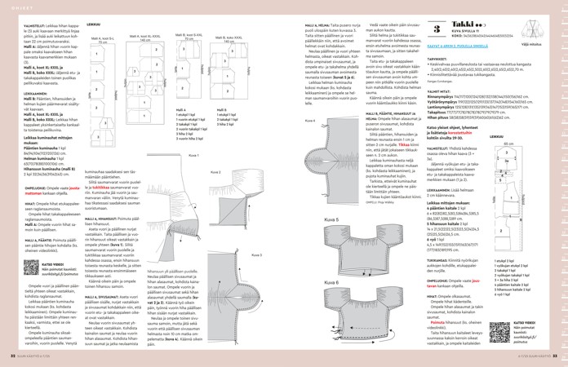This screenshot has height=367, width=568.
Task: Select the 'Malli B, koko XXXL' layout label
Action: point(229,38)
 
